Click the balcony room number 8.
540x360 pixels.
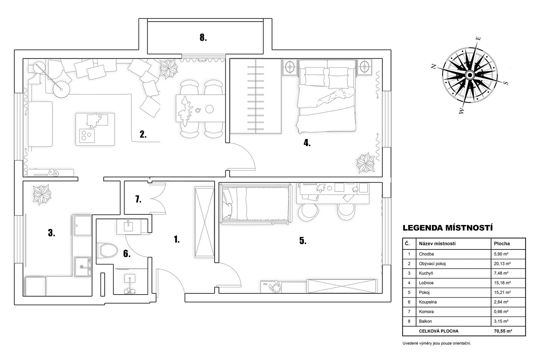tap(203, 37)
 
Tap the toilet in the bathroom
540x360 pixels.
tap(107, 250)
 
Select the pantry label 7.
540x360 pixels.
tap(138, 199)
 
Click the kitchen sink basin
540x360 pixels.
tap(82, 267)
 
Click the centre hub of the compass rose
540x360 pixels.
tap(469, 75)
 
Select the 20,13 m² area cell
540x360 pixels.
tap(502, 264)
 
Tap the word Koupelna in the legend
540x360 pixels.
tap(428, 302)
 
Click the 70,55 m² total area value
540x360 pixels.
tap(503, 331)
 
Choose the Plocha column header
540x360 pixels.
tap(502, 243)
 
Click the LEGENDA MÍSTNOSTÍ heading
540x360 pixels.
tap(448, 228)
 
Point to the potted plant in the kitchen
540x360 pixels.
tap(42, 195)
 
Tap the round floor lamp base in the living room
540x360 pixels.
tap(61, 89)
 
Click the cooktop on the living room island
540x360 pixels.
tap(87, 136)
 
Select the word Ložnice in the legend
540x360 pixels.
tap(426, 283)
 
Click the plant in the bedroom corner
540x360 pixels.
tap(365, 163)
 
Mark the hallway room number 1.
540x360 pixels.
tap(176, 239)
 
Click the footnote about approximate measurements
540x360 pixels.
tap(437, 343)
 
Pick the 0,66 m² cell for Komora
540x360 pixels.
tap(501, 311)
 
